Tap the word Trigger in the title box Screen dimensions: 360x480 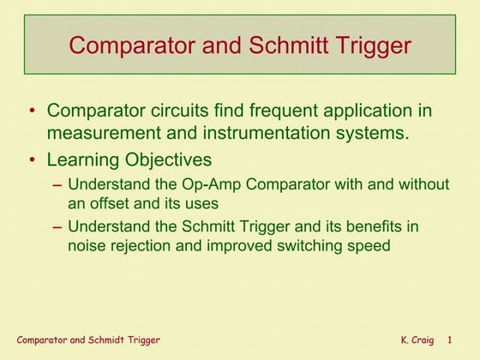tap(375, 45)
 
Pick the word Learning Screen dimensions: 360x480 tap(84, 159)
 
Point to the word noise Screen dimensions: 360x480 tap(87, 246)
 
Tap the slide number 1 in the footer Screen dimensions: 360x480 tap(461, 341)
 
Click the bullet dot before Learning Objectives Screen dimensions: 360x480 tap(33, 159)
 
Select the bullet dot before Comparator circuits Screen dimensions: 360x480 tap(33, 111)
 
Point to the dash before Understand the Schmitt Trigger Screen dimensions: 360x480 tap(56, 226)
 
